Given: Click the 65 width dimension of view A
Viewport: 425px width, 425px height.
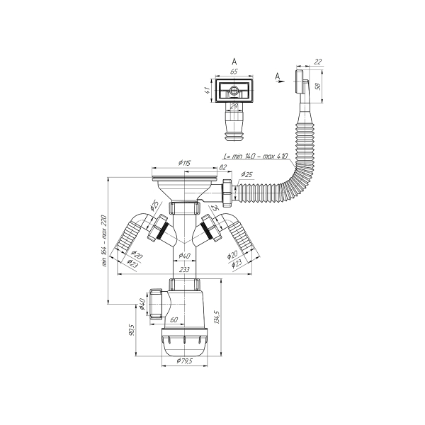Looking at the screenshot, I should [x=234, y=72].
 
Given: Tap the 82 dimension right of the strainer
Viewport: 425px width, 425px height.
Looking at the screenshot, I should [x=222, y=167].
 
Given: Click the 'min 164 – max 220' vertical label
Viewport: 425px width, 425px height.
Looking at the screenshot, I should [x=104, y=239].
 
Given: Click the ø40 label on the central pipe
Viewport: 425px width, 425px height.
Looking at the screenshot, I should [x=183, y=256].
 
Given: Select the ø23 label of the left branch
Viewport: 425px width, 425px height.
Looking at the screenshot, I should [x=132, y=263].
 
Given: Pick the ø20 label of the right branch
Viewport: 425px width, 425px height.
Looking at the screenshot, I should [x=232, y=255].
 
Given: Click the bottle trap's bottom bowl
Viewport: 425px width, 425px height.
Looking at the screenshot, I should [x=183, y=343].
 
